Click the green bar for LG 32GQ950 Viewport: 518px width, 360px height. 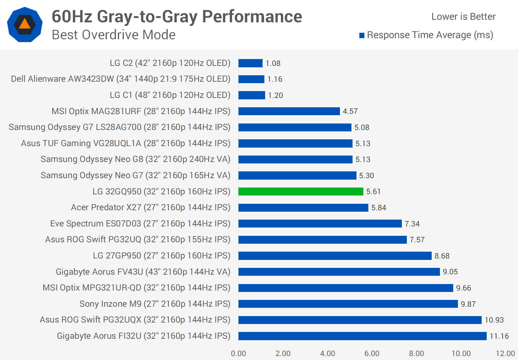click(301, 192)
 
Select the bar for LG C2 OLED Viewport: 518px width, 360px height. click(250, 63)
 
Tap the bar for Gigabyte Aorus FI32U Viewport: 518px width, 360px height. click(362, 336)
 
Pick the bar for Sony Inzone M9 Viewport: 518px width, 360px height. click(348, 304)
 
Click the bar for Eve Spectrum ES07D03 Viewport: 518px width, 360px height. click(320, 224)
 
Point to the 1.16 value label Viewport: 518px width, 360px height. click(275, 79)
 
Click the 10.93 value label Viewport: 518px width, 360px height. click(494, 320)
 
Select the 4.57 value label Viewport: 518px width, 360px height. click(350, 111)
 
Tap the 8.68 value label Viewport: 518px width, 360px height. click(442, 256)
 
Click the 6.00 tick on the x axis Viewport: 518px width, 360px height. click(372, 354)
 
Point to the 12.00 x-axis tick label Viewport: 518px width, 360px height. click(505, 354)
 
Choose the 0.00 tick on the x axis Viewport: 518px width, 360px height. click(238, 354)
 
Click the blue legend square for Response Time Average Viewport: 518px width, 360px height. click(362, 35)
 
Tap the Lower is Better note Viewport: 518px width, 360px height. click(463, 17)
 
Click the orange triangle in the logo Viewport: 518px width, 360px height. click(24, 24)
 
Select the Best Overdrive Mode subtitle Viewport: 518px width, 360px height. click(114, 35)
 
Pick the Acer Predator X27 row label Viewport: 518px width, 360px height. click(150, 207)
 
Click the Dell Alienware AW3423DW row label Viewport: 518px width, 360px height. click(121, 79)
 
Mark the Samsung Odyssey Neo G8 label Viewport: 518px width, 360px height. click(135, 159)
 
